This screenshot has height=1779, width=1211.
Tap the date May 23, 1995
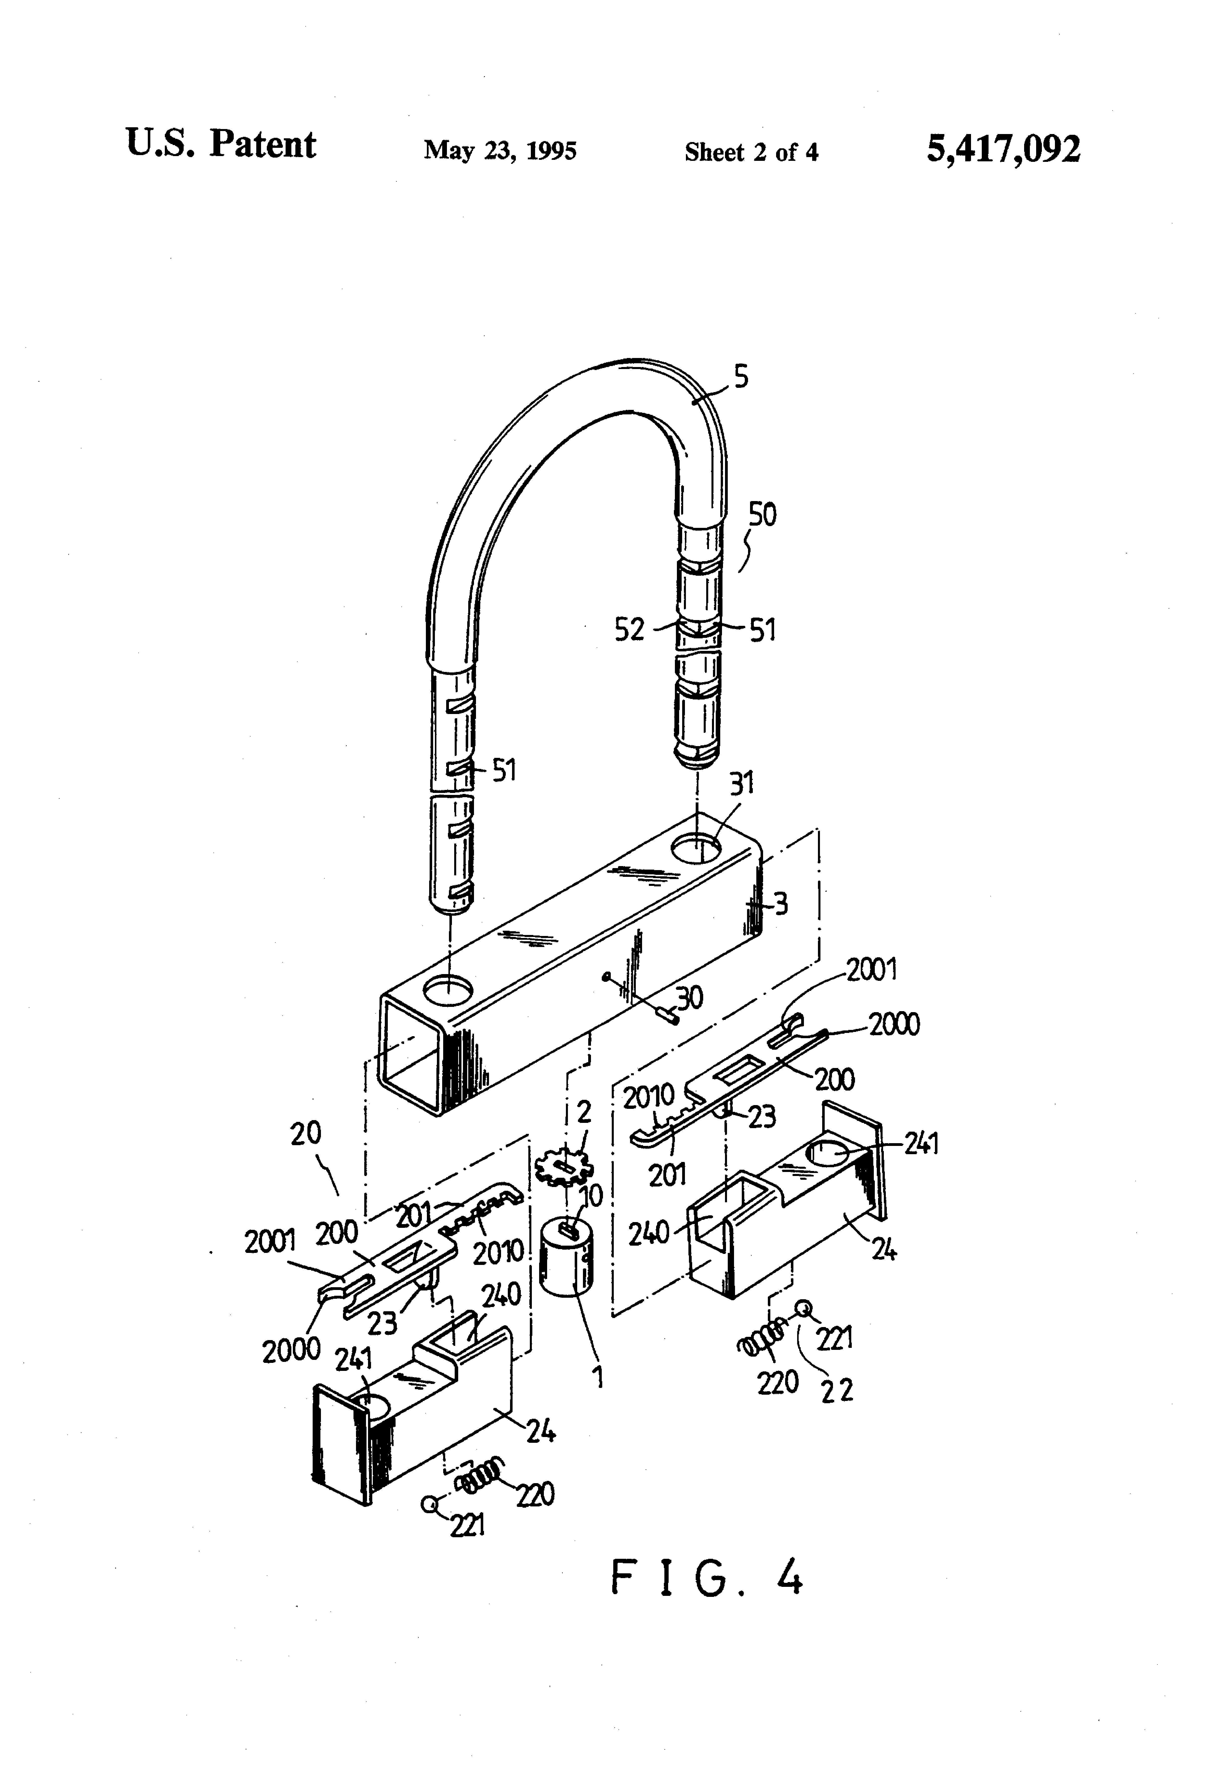click(x=500, y=150)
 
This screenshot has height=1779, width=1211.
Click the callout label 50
click(x=762, y=514)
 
